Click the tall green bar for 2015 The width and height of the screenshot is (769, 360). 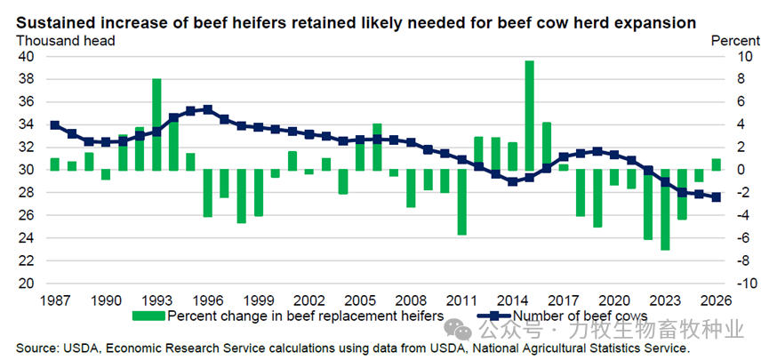click(530, 116)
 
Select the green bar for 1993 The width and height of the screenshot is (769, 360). click(156, 124)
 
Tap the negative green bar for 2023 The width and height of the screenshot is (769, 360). click(664, 210)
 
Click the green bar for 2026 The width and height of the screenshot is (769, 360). click(716, 164)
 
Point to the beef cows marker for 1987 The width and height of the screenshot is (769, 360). click(55, 125)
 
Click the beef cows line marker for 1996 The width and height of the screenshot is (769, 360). click(207, 109)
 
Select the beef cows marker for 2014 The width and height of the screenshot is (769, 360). click(513, 181)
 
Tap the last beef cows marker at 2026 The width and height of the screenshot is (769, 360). click(716, 197)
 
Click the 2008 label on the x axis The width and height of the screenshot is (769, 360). click(411, 300)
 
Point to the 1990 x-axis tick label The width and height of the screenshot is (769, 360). click(106, 300)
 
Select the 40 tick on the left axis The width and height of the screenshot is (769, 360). click(26, 56)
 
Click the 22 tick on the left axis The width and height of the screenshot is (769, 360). click(26, 260)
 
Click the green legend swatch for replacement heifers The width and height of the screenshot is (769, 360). click(148, 316)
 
